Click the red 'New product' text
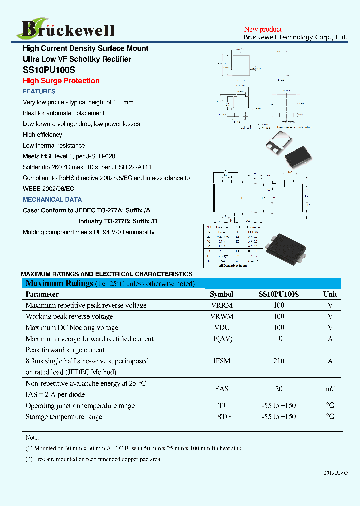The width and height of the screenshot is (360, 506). tap(262, 30)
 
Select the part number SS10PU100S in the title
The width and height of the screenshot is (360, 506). tap(49, 70)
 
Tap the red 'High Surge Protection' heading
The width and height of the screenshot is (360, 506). tap(61, 81)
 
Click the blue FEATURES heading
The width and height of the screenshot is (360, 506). tap(39, 91)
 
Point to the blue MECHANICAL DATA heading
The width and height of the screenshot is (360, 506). tap(52, 199)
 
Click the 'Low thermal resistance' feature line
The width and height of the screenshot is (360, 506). tap(54, 146)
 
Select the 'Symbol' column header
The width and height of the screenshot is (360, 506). tap(221, 294)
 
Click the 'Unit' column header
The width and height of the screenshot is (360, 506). tap(330, 294)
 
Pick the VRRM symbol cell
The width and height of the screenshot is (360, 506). tap(221, 305)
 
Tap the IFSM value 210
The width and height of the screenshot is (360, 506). tap(279, 361)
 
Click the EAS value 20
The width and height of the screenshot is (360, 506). tap(279, 389)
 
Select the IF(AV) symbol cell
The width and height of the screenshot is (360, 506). tap(221, 339)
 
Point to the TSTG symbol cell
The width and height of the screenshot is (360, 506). tap(221, 417)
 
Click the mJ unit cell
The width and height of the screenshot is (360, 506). tap(330, 389)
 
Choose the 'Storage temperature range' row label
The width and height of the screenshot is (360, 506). tap(64, 417)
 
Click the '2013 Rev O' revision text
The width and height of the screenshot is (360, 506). tap(335, 472)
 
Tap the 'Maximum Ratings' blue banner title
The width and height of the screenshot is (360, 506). tap(59, 284)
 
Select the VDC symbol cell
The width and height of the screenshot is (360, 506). tap(221, 328)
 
